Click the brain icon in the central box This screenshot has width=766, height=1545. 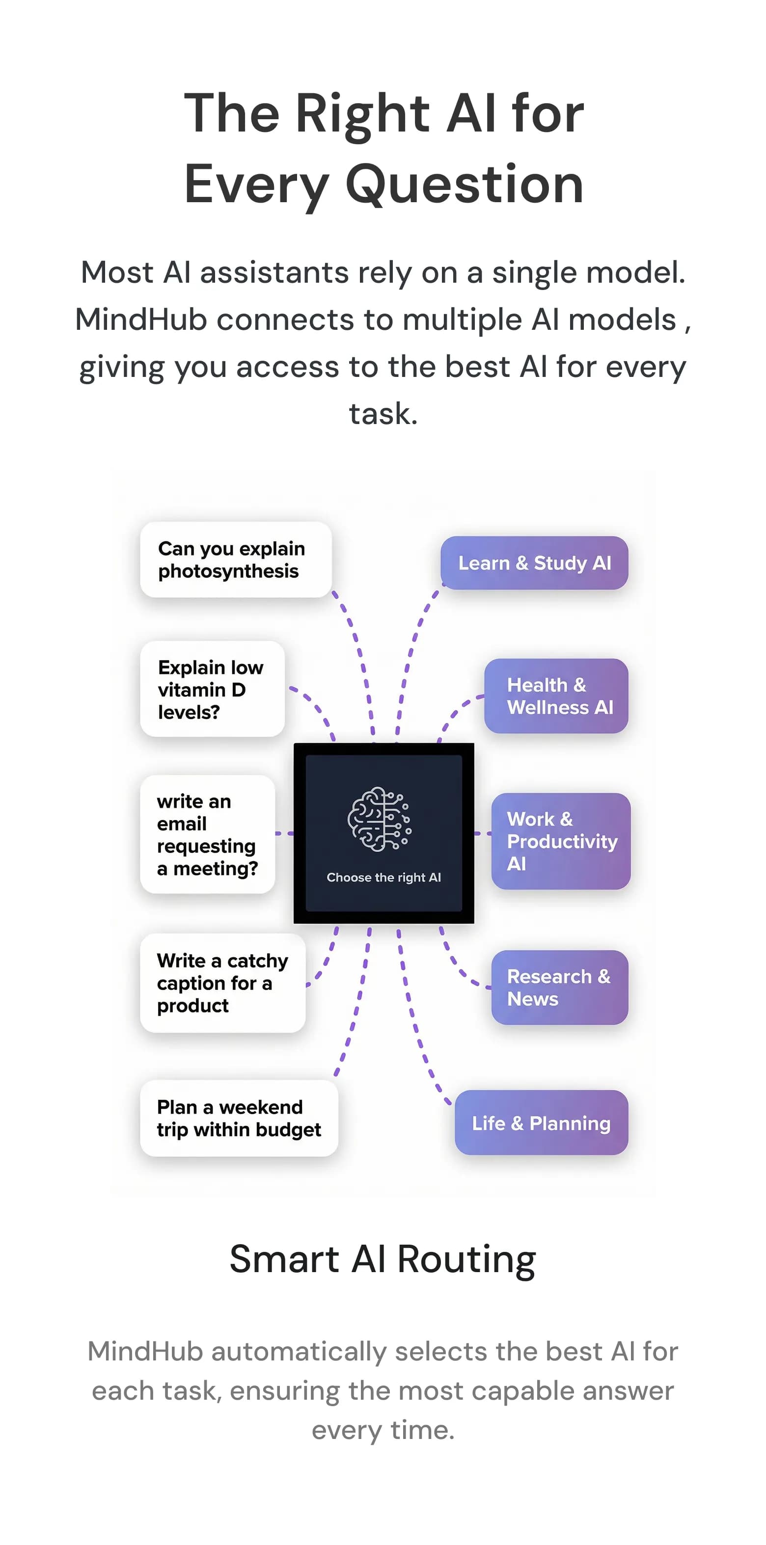pyautogui.click(x=379, y=819)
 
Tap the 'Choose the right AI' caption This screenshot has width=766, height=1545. pyautogui.click(x=383, y=878)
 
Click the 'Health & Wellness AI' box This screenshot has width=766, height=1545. pyautogui.click(x=556, y=696)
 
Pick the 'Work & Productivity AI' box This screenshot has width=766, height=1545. pyautogui.click(x=560, y=841)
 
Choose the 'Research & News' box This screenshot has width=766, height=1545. pyautogui.click(x=559, y=987)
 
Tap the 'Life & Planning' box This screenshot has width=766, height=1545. pyautogui.click(x=541, y=1123)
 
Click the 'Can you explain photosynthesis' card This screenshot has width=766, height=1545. pyautogui.click(x=235, y=559)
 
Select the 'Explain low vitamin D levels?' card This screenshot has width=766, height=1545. pyautogui.click(x=212, y=689)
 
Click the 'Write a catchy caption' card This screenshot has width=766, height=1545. pyautogui.click(x=222, y=983)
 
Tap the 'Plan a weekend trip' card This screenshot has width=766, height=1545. pyautogui.click(x=239, y=1118)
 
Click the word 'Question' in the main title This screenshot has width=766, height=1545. pyautogui.click(x=465, y=184)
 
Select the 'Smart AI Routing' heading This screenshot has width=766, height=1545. pyautogui.click(x=383, y=1259)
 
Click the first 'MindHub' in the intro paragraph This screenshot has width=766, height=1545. pyautogui.click(x=141, y=320)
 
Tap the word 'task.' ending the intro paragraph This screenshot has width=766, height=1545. pyautogui.click(x=383, y=413)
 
